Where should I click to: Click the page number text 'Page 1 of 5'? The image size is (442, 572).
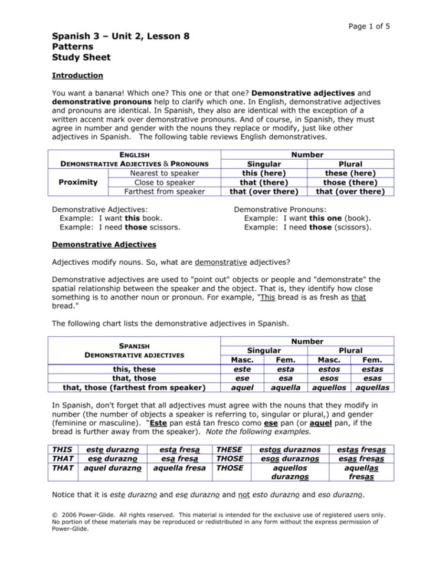tap(365, 26)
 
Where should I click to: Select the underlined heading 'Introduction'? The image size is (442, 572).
tap(77, 75)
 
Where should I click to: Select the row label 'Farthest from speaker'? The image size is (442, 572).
tap(158, 191)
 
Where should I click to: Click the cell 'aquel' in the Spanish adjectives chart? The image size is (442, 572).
tap(240, 387)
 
